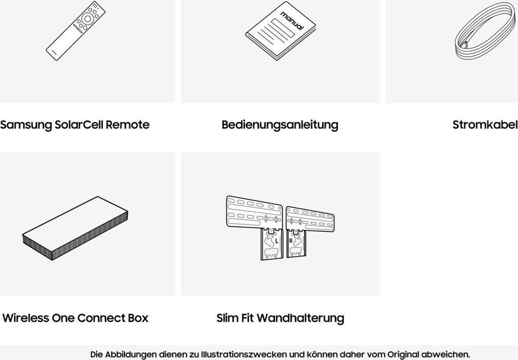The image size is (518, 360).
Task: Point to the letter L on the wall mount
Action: (276, 241)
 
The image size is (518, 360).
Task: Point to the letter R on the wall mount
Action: (291, 241)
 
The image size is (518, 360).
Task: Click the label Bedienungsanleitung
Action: (280, 125)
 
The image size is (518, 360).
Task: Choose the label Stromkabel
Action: (485, 125)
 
